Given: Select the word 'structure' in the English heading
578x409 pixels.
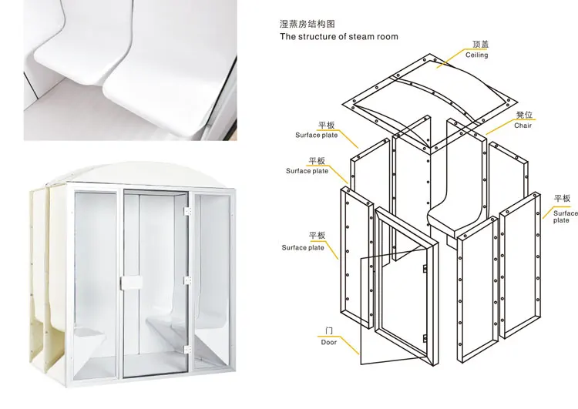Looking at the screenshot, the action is pos(318,36).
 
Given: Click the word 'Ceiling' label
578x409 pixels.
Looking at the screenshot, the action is pos(476,55).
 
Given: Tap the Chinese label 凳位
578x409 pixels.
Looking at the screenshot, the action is pos(524,115).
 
